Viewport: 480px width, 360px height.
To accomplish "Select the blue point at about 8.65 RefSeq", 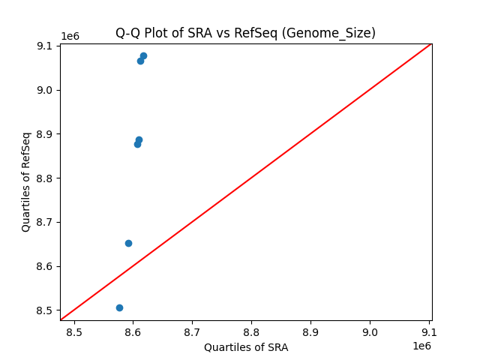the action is click(128, 243).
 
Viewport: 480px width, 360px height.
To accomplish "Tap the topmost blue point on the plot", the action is click(143, 55).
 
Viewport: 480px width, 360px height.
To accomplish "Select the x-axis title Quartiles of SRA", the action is click(246, 347).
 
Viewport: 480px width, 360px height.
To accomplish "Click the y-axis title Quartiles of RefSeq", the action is click(26, 181).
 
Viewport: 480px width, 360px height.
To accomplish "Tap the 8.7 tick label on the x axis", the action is click(192, 332).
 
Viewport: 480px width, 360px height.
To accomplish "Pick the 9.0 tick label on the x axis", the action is click(370, 332).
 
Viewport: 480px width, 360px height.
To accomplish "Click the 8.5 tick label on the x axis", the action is click(74, 332).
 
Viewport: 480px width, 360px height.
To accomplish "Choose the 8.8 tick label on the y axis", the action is click(45, 178).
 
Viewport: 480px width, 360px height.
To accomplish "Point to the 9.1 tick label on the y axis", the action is click(45, 46).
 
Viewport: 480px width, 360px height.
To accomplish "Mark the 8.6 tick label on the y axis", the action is click(45, 266).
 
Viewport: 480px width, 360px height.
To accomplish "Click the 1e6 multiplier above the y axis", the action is click(70, 37).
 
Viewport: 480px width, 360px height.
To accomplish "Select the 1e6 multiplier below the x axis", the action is click(421, 346).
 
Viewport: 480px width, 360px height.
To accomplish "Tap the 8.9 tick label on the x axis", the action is click(310, 332).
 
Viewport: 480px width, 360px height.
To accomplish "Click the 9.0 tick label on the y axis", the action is click(45, 90).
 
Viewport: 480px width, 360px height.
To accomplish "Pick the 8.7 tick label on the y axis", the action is click(45, 222).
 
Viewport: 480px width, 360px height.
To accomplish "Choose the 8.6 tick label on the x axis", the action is click(133, 332).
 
